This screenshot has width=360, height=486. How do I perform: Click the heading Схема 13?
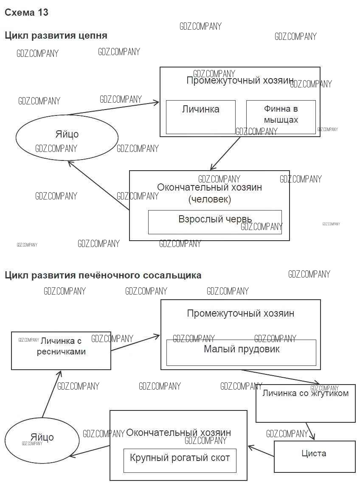click(26, 13)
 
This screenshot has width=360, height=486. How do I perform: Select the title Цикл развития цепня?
click(56, 36)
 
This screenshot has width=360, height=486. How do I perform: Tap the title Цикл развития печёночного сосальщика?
click(103, 275)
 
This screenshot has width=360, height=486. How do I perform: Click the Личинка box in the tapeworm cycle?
click(200, 117)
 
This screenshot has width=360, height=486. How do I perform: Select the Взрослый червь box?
click(215, 222)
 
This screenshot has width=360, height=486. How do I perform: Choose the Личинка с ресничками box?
click(61, 351)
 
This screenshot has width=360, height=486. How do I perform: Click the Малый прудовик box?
click(241, 352)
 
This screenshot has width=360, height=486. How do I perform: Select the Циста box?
click(314, 456)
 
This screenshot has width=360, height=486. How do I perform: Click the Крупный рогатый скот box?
click(180, 461)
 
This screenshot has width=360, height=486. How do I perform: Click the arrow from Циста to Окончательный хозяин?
click(261, 451)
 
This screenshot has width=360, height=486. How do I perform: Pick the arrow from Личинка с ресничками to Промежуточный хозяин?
click(135, 343)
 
